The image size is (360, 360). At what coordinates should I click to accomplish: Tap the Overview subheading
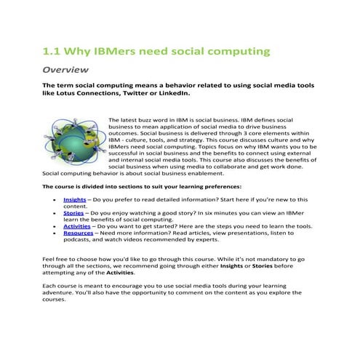coord(66,71)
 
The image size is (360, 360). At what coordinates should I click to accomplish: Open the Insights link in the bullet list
coord(75,199)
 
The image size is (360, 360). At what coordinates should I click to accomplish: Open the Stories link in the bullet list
coord(73,213)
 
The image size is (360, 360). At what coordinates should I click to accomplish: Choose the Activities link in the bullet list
coord(79,226)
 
